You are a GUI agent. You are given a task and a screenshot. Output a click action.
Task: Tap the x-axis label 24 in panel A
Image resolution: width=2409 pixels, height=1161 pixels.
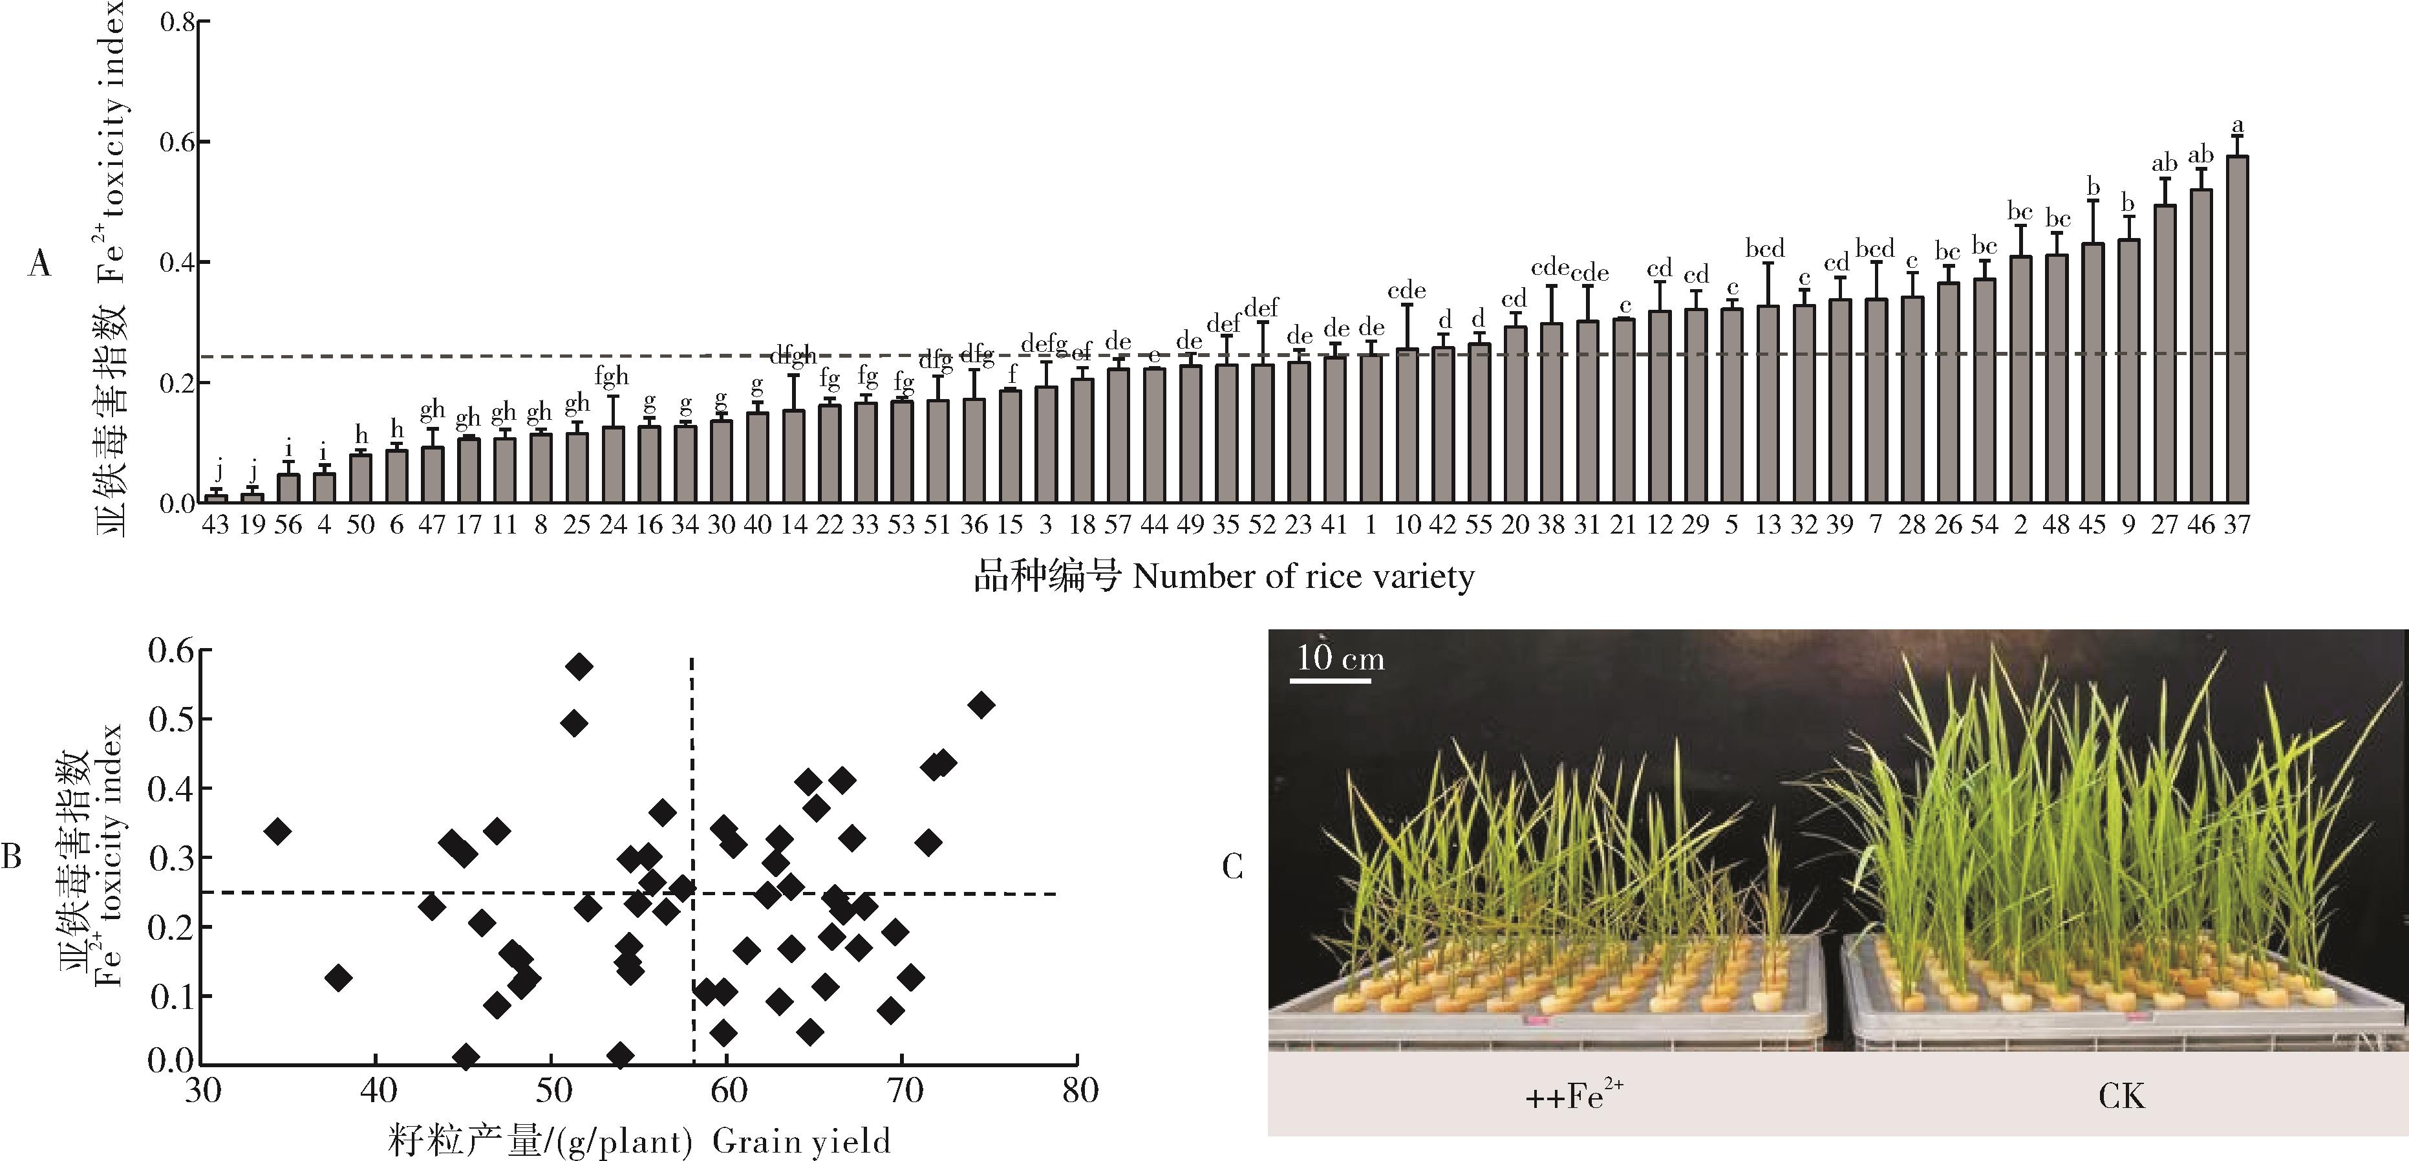point(612,525)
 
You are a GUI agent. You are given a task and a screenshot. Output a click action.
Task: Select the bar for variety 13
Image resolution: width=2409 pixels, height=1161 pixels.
point(1768,404)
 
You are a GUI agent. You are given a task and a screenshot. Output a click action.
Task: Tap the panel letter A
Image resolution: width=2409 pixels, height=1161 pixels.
point(39,265)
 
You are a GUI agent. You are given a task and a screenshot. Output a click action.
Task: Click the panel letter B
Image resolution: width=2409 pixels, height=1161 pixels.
point(11,856)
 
